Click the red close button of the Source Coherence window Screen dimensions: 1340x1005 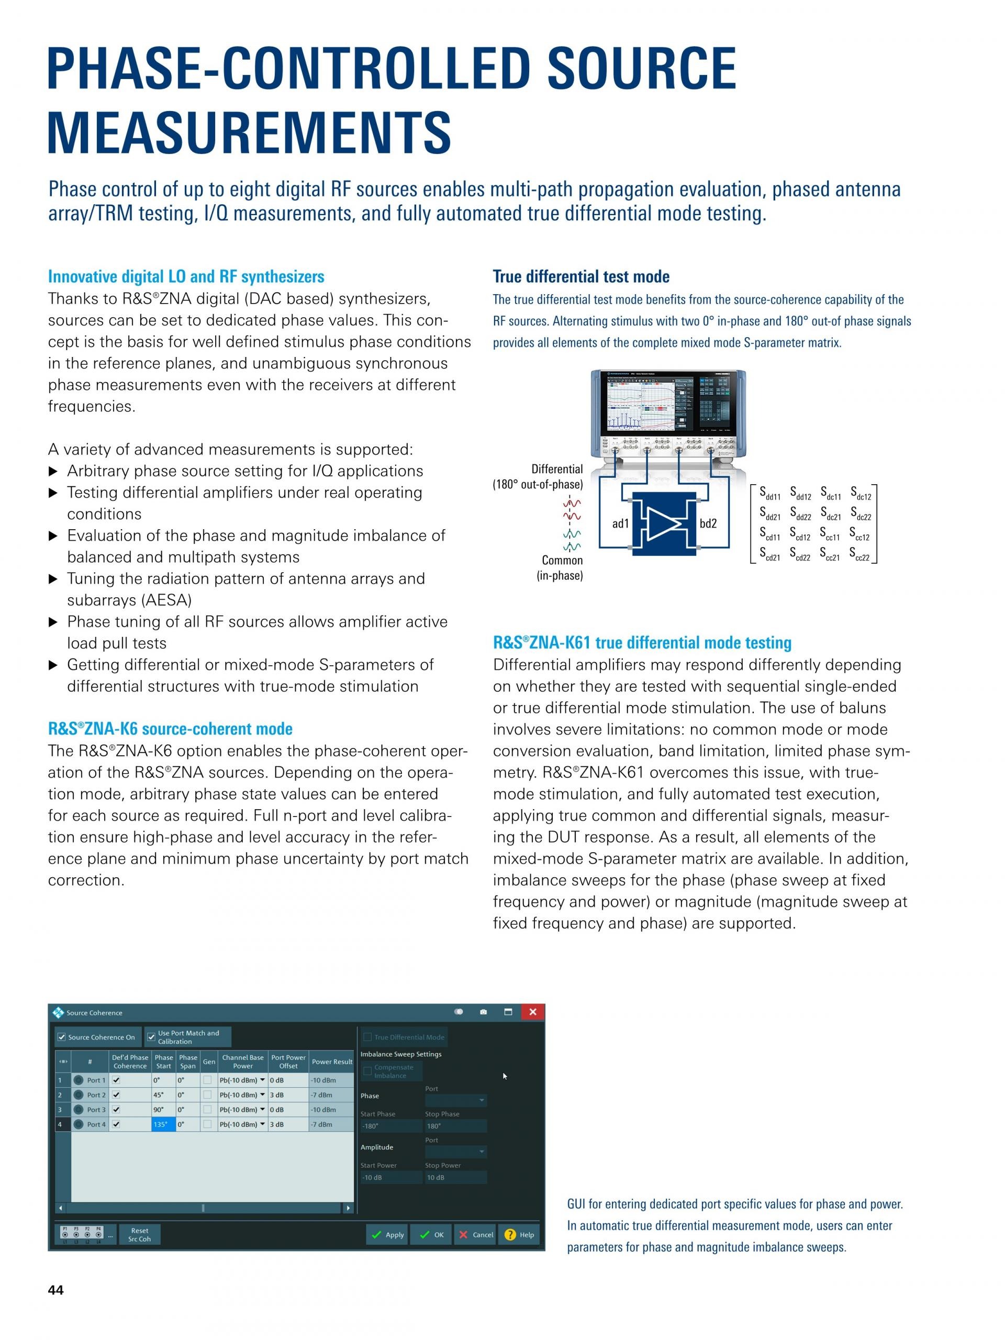pyautogui.click(x=532, y=1012)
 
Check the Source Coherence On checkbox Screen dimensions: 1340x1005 pyautogui.click(x=62, y=1037)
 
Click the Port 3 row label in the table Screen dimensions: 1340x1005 pyautogui.click(x=96, y=1110)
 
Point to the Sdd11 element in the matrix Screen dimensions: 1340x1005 pyautogui.click(x=770, y=493)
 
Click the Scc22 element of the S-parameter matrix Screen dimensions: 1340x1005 pyautogui.click(x=859, y=554)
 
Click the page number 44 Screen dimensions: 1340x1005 pyautogui.click(x=55, y=1290)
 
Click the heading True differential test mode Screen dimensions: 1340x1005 pyautogui.click(x=581, y=277)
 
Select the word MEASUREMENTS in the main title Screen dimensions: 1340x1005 pyautogui.click(x=249, y=132)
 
